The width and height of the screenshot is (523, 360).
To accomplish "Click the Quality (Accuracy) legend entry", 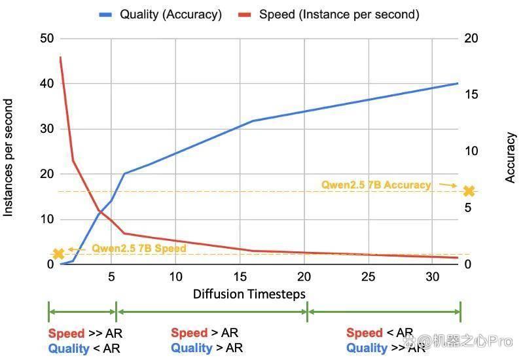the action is (x=160, y=14).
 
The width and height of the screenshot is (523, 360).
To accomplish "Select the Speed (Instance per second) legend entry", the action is (x=328, y=14).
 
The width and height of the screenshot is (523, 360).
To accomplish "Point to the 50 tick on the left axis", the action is (x=46, y=39).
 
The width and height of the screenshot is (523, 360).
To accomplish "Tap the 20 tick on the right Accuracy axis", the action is (x=471, y=39).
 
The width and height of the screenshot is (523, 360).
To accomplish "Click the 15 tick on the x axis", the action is (x=240, y=277).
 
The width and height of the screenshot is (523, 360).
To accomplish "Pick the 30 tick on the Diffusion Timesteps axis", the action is (x=432, y=277).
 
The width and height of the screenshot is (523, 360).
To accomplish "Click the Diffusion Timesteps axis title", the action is (x=249, y=294).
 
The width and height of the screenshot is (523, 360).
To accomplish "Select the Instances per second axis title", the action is (x=8, y=158).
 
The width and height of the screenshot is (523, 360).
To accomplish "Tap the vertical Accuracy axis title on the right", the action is (x=510, y=158).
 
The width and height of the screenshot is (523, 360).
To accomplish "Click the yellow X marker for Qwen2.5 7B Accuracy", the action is (x=469, y=191).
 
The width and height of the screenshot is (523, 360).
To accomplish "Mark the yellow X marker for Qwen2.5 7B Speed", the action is (x=58, y=254).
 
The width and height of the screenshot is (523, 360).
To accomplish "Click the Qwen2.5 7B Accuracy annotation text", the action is (x=376, y=185).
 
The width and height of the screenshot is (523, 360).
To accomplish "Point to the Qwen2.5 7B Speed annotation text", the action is (x=139, y=248).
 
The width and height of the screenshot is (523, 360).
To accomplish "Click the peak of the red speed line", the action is (x=60, y=57).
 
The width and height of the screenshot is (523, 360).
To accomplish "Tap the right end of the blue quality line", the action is (x=458, y=83).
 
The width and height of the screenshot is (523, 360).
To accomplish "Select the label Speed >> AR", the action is (x=85, y=333).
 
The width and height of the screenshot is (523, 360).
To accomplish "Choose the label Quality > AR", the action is (x=207, y=348).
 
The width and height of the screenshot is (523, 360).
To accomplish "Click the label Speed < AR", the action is (x=380, y=333).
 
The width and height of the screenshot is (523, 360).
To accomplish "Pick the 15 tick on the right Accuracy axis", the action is (x=471, y=94).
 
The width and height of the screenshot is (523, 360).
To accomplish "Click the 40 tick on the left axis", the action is (x=46, y=83).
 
